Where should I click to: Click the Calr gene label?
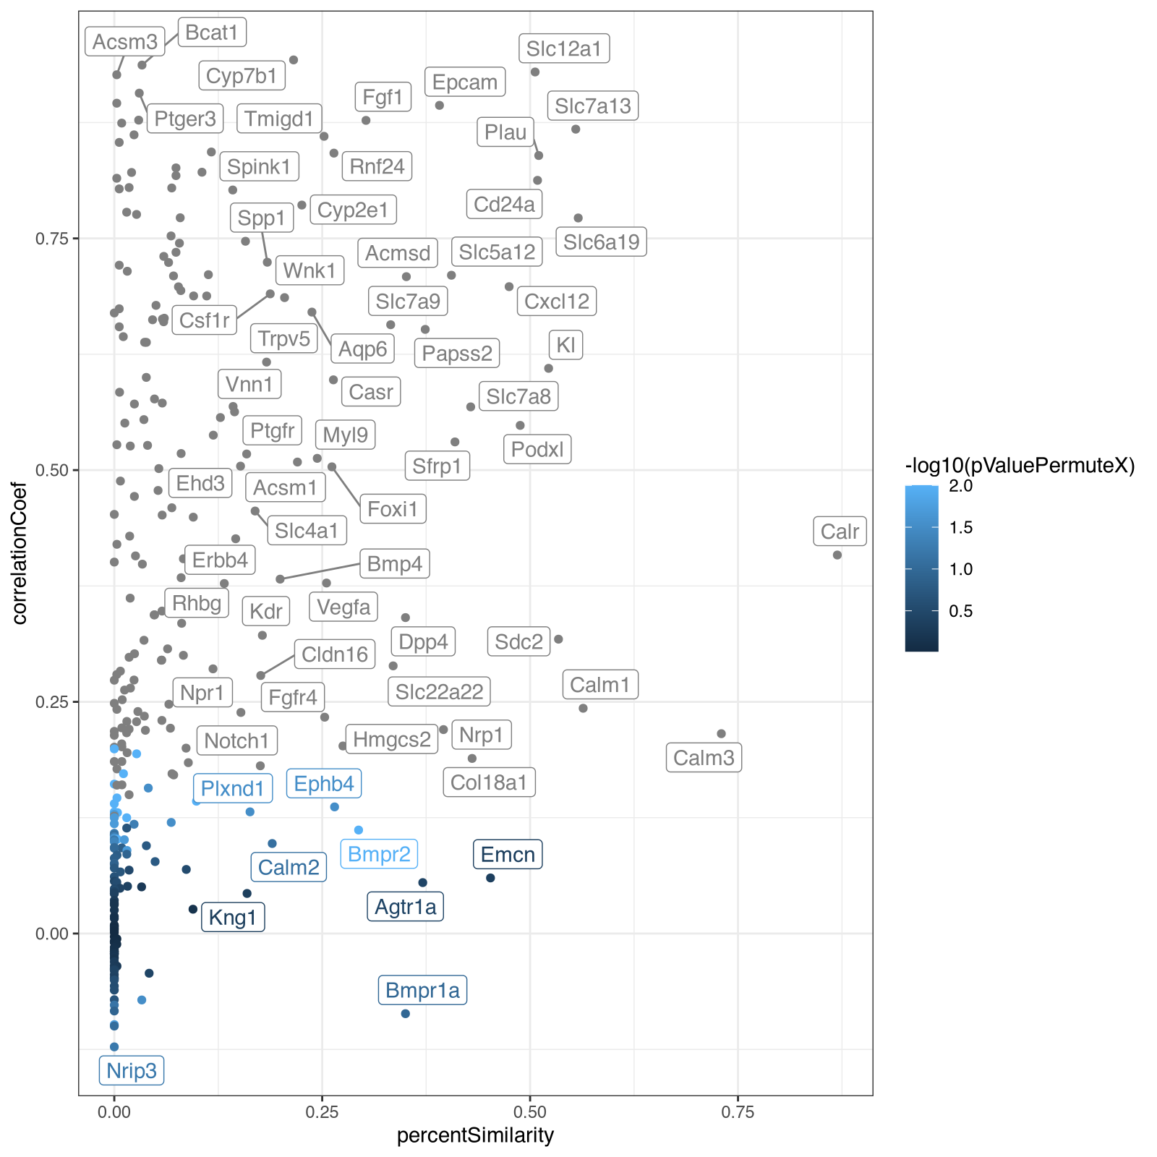click(840, 531)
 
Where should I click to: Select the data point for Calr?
click(837, 555)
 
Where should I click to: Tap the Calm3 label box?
click(704, 758)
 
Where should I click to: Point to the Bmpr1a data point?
click(406, 1014)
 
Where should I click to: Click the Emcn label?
click(508, 855)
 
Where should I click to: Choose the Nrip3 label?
click(132, 1070)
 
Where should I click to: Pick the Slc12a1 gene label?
click(564, 48)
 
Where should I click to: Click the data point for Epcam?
click(440, 106)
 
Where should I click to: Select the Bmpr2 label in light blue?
click(379, 855)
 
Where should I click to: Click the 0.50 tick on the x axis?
click(530, 1111)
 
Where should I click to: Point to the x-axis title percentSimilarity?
click(475, 1135)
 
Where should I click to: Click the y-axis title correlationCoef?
click(20, 553)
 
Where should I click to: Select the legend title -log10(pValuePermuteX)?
click(1020, 466)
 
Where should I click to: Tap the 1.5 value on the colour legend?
click(961, 528)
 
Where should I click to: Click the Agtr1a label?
click(406, 907)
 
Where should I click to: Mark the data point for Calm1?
click(584, 709)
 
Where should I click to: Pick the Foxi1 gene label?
click(393, 509)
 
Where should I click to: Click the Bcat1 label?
click(212, 33)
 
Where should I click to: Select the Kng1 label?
click(233, 918)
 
